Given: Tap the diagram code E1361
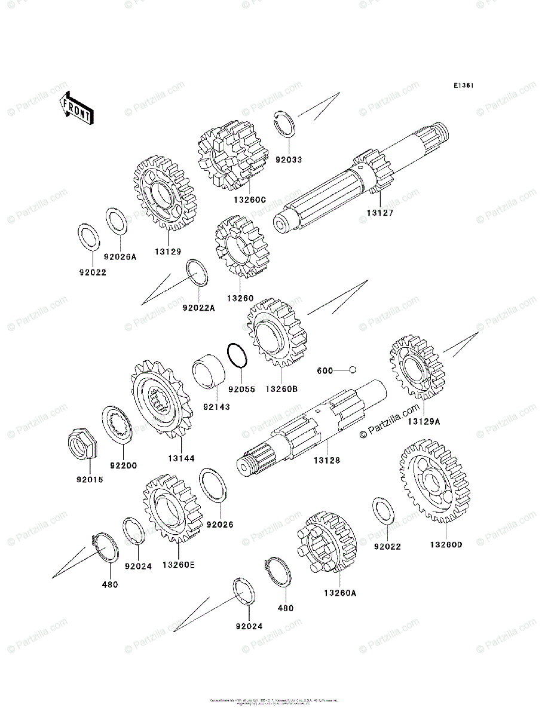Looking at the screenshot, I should [x=463, y=86].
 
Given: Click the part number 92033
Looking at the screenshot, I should [x=289, y=160].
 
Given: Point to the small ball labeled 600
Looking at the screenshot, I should [x=353, y=370].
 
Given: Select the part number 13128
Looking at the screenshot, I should [x=327, y=461].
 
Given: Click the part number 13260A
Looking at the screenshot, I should [x=340, y=593].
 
